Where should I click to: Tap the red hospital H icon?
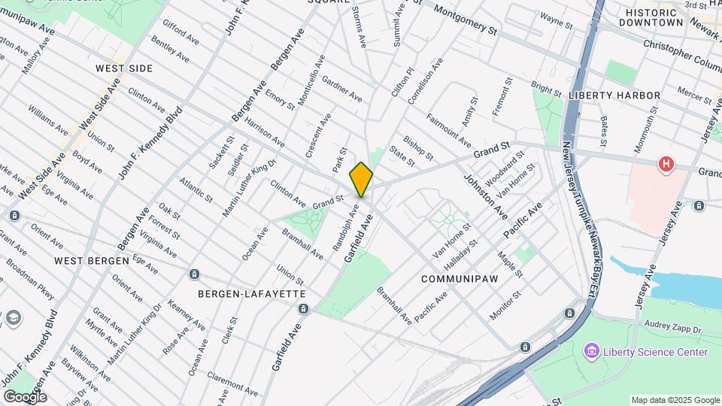pyautogui.click(x=665, y=164)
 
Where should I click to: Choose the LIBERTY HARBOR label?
pyautogui.click(x=614, y=95)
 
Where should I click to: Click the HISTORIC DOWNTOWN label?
pyautogui.click(x=651, y=17)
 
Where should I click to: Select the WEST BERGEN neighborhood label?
pyautogui.click(x=92, y=260)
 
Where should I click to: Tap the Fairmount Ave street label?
pyautogui.click(x=449, y=131)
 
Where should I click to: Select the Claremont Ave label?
pyautogui.click(x=232, y=383)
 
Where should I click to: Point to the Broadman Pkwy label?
pyautogui.click(x=31, y=277)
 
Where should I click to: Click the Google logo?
pyautogui.click(x=25, y=396)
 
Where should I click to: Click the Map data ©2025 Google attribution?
pyautogui.click(x=675, y=400)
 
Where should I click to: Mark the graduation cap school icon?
pyautogui.click(x=13, y=319)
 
